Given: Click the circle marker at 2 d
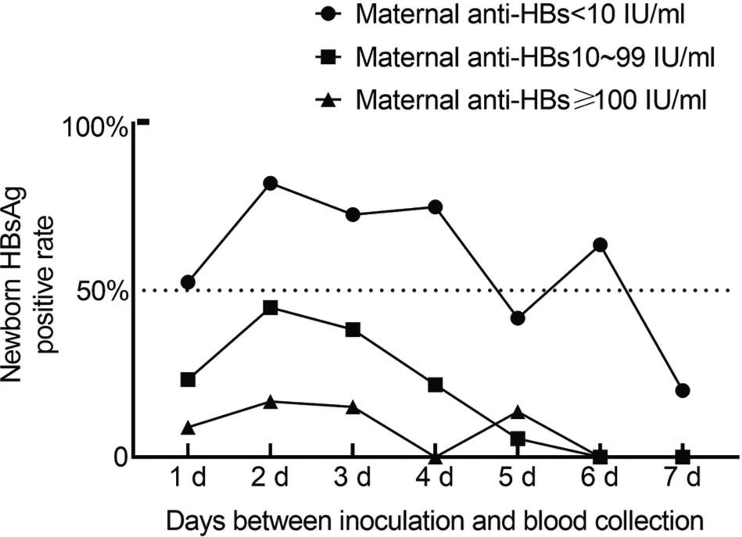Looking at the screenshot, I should [x=270, y=183].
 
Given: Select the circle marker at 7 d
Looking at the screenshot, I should [x=682, y=390].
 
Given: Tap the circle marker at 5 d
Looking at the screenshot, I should [x=518, y=318].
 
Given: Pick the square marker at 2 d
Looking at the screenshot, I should [x=270, y=307].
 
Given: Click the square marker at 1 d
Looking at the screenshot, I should [x=187, y=379].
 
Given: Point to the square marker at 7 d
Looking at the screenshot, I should [x=682, y=456].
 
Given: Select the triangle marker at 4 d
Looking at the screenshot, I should [x=436, y=456].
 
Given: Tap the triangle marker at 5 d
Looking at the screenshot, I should [x=518, y=412].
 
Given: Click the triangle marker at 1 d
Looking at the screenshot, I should [x=187, y=427].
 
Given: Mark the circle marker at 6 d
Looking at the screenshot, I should [x=600, y=245].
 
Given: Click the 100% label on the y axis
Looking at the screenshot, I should [x=100, y=127].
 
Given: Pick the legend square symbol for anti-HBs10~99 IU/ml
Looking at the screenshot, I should [x=330, y=57].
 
